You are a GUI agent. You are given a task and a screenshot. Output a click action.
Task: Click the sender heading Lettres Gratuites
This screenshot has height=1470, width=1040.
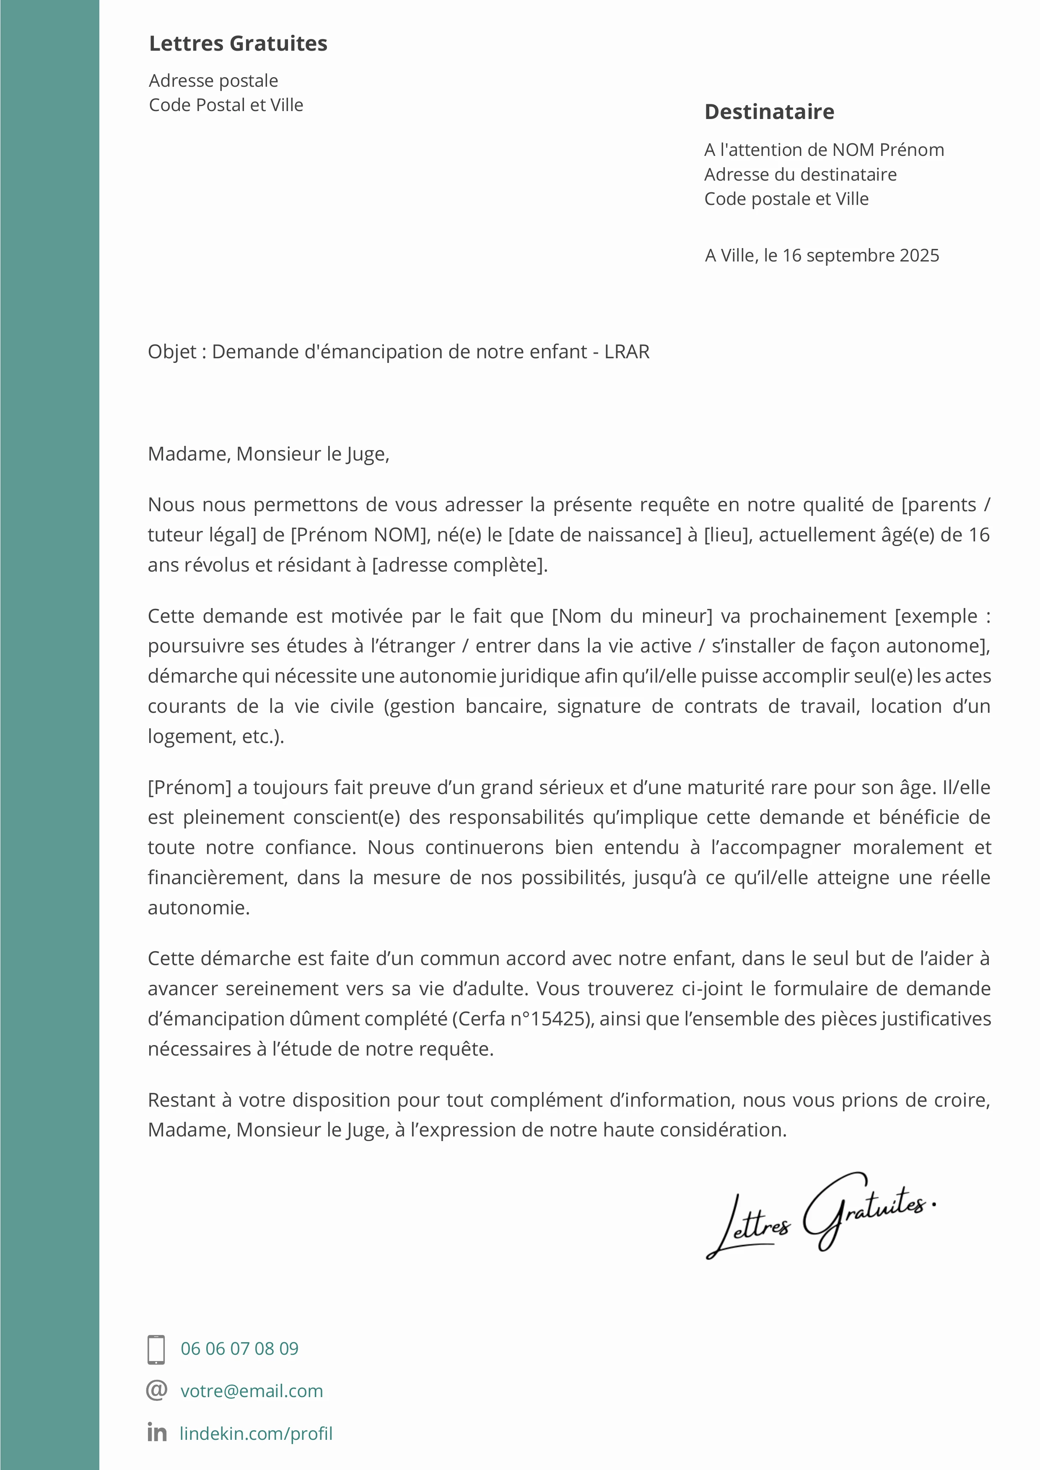point(238,44)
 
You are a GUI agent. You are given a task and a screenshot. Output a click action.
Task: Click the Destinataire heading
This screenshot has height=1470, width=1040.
point(769,112)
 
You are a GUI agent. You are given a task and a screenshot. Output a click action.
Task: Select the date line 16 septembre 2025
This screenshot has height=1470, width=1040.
point(822,256)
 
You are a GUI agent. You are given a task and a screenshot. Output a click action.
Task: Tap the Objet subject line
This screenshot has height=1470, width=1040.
point(398,352)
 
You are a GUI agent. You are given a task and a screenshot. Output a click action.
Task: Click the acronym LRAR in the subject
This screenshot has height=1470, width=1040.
point(627,352)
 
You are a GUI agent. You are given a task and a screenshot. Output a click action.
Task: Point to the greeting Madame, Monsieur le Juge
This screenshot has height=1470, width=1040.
point(268,454)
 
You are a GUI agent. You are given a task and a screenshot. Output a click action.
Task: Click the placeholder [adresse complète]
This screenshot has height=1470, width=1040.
point(459,565)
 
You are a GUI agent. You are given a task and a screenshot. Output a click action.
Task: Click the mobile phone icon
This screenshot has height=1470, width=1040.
point(156,1349)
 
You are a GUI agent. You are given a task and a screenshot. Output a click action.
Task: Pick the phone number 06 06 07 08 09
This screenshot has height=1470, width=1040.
point(239,1349)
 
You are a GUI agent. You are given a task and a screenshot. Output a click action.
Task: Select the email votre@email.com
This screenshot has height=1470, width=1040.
point(252,1391)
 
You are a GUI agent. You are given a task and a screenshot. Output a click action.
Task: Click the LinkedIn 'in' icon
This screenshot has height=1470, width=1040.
point(157,1432)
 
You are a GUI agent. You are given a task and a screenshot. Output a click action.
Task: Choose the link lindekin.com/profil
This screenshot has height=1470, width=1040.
point(256,1434)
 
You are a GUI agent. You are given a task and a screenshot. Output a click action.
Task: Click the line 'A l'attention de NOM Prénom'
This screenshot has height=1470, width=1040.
point(824,150)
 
